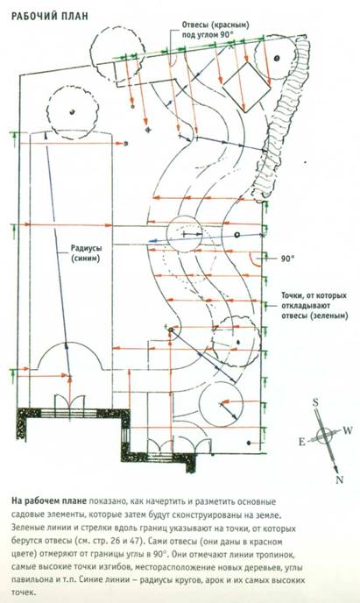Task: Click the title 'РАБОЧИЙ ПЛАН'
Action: point(50,16)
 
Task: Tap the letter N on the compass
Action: point(339,479)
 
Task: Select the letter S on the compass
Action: point(315,402)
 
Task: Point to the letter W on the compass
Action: point(348,430)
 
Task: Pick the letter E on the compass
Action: point(302,443)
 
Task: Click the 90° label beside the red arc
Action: point(286,259)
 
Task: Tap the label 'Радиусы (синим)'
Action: point(85,253)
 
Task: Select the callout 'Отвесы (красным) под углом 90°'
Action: point(215,30)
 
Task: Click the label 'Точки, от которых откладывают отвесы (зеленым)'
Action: point(314,306)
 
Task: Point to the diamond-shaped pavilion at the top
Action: point(247,87)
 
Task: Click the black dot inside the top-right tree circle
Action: point(276,59)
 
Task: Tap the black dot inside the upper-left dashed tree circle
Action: point(72,112)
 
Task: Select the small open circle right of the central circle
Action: point(237,235)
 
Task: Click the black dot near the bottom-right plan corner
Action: point(249,443)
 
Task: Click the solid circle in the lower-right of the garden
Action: point(221,404)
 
